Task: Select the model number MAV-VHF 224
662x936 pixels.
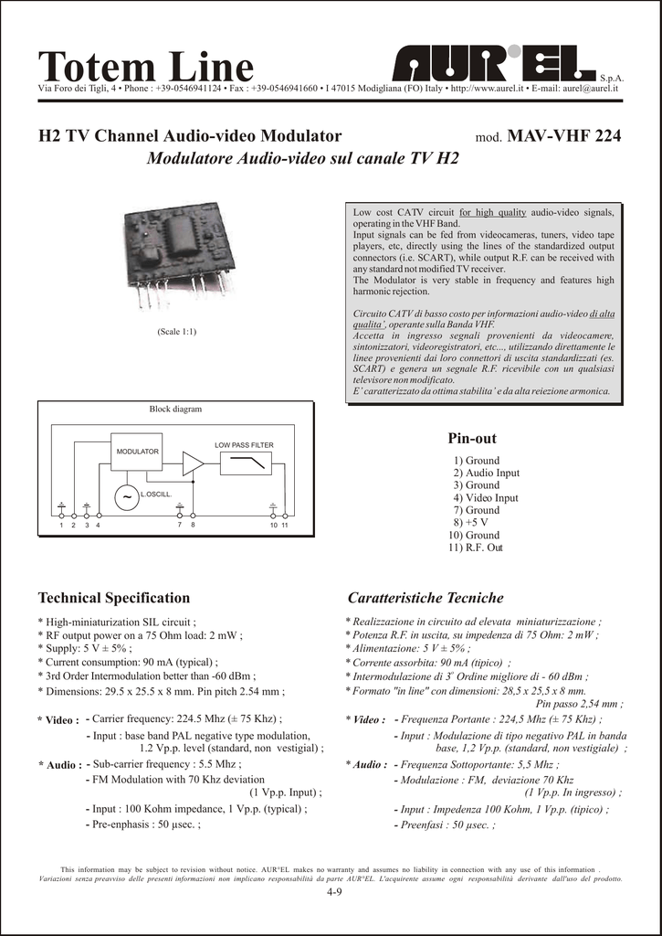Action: click(x=563, y=136)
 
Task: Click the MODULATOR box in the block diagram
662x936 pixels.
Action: click(x=137, y=452)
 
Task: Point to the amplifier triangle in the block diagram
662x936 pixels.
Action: click(x=192, y=463)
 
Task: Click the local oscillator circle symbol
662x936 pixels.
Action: click(x=123, y=496)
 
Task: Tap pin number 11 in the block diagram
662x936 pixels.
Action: click(x=285, y=526)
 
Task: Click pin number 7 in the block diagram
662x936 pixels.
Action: click(x=180, y=526)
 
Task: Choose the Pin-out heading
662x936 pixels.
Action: click(x=472, y=439)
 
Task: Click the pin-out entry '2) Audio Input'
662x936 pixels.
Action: click(x=486, y=473)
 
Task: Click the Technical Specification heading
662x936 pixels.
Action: click(x=114, y=598)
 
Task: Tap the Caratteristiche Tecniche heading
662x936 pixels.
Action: click(x=426, y=598)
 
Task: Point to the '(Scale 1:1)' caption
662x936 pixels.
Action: click(x=176, y=331)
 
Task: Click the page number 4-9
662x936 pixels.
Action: click(x=333, y=892)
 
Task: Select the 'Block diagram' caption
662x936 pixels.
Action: click(x=175, y=409)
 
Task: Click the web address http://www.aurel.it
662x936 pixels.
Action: click(x=487, y=89)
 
